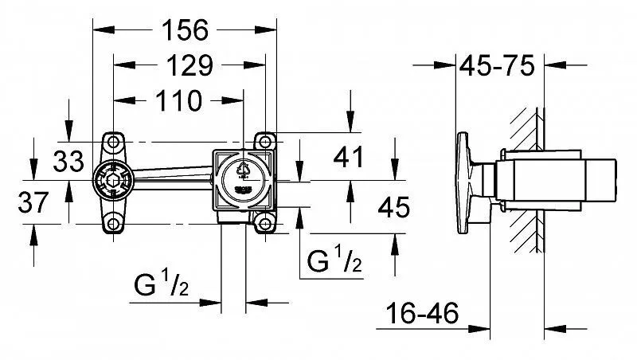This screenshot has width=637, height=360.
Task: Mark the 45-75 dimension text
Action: pos(498,65)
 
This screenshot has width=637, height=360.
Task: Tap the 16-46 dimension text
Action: pos(422,315)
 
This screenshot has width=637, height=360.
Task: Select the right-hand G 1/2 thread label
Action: pos(334,260)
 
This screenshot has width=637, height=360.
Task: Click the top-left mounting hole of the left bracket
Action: pos(112,142)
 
